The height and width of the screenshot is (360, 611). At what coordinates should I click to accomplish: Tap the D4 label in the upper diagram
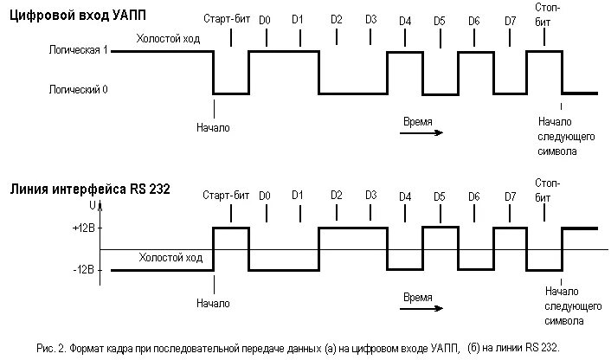(x=405, y=19)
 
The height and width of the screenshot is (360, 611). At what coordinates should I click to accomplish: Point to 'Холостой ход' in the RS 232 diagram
(x=171, y=257)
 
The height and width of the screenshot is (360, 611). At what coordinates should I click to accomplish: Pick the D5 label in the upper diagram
(x=440, y=19)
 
